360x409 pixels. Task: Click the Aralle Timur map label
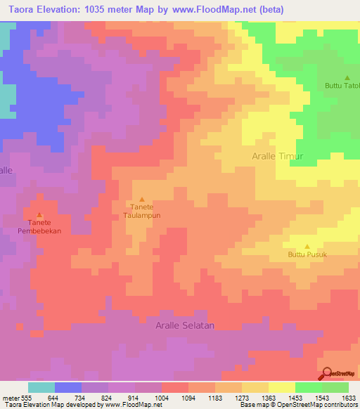click(277, 156)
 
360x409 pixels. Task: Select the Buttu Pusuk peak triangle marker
click(307, 246)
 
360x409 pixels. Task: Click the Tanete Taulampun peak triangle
click(143, 200)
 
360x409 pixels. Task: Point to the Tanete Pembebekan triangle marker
click(39, 215)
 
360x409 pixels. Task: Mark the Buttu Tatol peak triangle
click(347, 77)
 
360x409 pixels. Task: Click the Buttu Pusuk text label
click(307, 255)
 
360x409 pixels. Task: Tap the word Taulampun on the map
click(143, 216)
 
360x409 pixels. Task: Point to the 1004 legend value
click(161, 397)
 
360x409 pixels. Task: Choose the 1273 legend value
click(241, 397)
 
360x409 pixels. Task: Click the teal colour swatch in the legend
click(41, 387)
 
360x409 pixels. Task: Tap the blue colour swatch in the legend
click(68, 387)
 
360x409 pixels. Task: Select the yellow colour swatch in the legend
click(281, 387)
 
